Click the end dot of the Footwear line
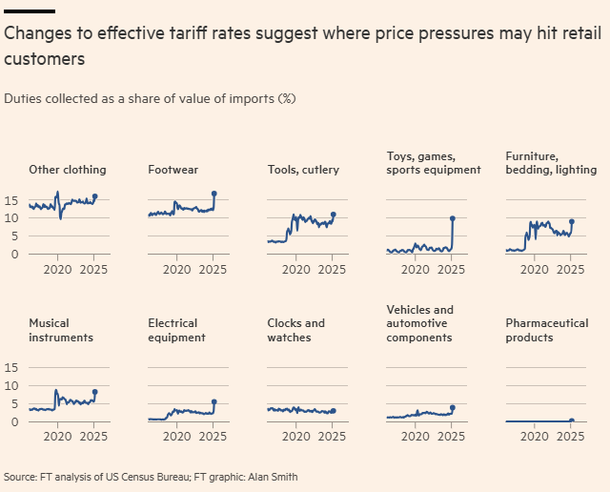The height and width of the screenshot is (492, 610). click(x=214, y=194)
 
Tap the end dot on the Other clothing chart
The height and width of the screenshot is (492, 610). click(x=95, y=196)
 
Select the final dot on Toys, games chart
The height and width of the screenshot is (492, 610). click(x=453, y=218)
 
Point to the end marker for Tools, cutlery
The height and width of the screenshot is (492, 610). click(x=334, y=215)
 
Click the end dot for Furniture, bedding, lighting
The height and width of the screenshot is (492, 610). click(x=572, y=221)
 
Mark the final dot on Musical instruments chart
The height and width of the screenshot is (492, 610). click(x=95, y=392)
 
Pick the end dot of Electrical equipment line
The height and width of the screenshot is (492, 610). click(x=214, y=401)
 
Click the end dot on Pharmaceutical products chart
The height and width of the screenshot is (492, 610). click(x=572, y=420)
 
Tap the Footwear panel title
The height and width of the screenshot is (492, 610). click(x=173, y=170)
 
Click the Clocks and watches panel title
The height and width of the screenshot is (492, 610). click(x=296, y=330)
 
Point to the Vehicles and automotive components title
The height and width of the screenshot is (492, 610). click(x=420, y=323)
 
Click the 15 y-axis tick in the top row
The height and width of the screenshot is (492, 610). click(x=12, y=201)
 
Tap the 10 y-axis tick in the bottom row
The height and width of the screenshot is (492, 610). click(x=12, y=385)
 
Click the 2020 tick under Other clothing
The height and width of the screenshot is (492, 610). click(x=57, y=270)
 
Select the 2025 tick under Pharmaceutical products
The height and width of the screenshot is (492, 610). click(x=570, y=438)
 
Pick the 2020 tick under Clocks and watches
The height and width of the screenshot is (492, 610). click(x=295, y=438)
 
